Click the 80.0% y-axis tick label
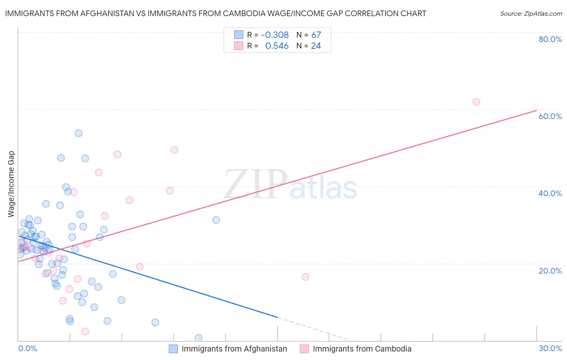point(550,39)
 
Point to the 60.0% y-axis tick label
point(550,116)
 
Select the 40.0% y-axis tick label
point(550,193)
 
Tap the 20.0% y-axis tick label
point(550,270)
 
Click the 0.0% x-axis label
point(27,348)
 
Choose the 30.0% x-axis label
point(550,348)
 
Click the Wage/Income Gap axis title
point(11,184)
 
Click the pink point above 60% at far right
point(476,102)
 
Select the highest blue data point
point(79,133)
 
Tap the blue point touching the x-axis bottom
point(198,338)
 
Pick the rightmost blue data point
point(216,220)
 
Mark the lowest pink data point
point(85,331)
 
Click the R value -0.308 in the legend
point(275,35)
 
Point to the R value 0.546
point(277,46)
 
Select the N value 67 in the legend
point(316,35)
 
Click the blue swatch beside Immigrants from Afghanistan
point(173,349)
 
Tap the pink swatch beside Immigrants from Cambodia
point(304,349)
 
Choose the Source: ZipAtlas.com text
point(531,13)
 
